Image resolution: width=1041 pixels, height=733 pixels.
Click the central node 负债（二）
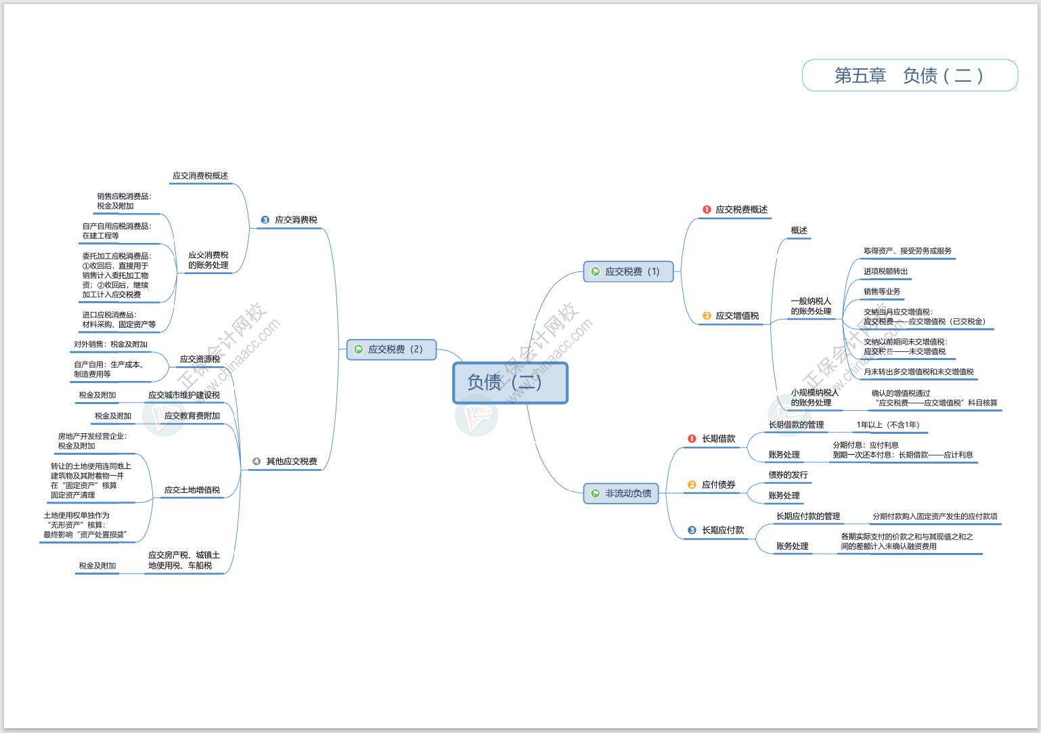coord(510,382)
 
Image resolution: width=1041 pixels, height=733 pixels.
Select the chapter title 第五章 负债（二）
coord(909,75)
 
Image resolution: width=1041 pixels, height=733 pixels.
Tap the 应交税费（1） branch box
coord(628,271)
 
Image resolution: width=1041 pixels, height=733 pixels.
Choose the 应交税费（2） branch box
coord(391,349)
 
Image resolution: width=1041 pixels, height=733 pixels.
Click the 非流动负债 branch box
coord(621,493)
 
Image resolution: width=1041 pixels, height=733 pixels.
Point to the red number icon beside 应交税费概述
coord(707,210)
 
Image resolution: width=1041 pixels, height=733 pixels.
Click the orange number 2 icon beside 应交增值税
coord(707,316)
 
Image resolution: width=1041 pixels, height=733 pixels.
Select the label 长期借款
coord(718,439)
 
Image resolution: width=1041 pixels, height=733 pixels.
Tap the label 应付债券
coord(718,485)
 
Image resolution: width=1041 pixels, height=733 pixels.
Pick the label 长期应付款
coord(722,530)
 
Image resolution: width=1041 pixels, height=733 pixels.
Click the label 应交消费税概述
coord(200,176)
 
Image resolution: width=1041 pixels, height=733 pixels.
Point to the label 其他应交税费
coord(291,462)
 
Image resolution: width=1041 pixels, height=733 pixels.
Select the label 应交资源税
coord(200,359)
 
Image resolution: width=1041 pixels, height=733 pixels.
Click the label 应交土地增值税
coord(192,490)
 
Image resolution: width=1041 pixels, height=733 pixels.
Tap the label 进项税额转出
coord(885,271)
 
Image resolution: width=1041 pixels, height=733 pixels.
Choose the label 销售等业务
coord(881,292)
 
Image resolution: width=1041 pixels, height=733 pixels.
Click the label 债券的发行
coord(788,475)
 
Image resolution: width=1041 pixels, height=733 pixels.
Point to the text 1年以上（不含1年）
coord(888,425)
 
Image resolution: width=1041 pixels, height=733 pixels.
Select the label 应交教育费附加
coord(192,416)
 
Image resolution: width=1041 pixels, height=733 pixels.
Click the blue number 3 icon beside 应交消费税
coord(265,220)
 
